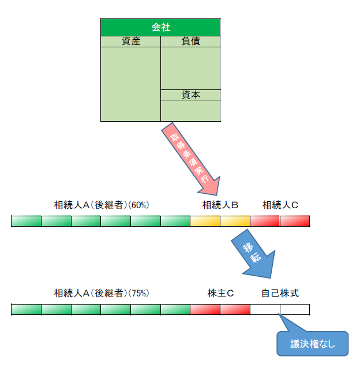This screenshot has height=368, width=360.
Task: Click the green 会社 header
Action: coord(160,27)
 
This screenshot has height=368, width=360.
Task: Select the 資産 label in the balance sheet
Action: coord(131,42)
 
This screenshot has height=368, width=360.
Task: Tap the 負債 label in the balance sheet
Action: coord(190,42)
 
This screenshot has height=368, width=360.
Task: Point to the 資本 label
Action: coord(190,95)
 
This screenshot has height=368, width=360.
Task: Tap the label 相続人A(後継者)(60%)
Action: coord(102,205)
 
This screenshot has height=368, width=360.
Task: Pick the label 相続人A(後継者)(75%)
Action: coord(102,293)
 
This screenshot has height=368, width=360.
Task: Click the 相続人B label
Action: coord(220,205)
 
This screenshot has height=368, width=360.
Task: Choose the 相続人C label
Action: coord(280,205)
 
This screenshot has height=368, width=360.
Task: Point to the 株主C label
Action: coord(220,293)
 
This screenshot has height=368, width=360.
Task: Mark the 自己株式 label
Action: coord(280,293)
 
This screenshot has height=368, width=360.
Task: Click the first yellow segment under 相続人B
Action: coord(205,221)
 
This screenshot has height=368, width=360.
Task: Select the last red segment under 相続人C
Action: coord(294,221)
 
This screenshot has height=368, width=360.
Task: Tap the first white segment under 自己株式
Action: coord(265,309)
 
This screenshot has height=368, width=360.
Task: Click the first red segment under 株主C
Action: coord(205,309)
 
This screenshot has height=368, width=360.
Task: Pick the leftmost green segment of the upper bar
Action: coord(27,221)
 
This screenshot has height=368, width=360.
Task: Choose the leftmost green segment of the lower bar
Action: coord(27,309)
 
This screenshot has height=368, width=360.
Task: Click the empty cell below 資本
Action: coord(190,111)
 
